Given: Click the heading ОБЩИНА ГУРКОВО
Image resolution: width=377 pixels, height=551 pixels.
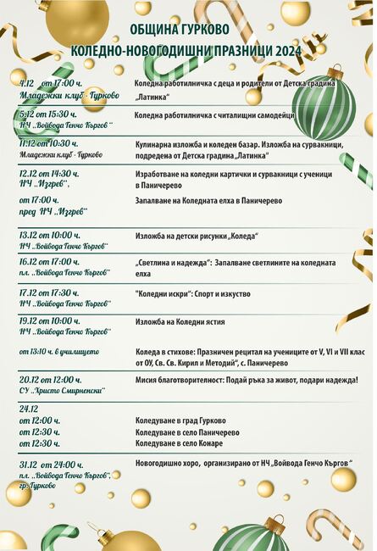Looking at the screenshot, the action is [188, 32].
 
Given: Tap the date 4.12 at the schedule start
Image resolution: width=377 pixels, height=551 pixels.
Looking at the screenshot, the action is [26, 84].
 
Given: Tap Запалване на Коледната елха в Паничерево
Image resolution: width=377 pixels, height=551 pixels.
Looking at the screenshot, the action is [208, 201].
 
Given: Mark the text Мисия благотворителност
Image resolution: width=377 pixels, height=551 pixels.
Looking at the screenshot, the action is [186, 381].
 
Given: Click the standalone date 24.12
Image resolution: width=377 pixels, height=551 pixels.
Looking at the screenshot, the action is [28, 408].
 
